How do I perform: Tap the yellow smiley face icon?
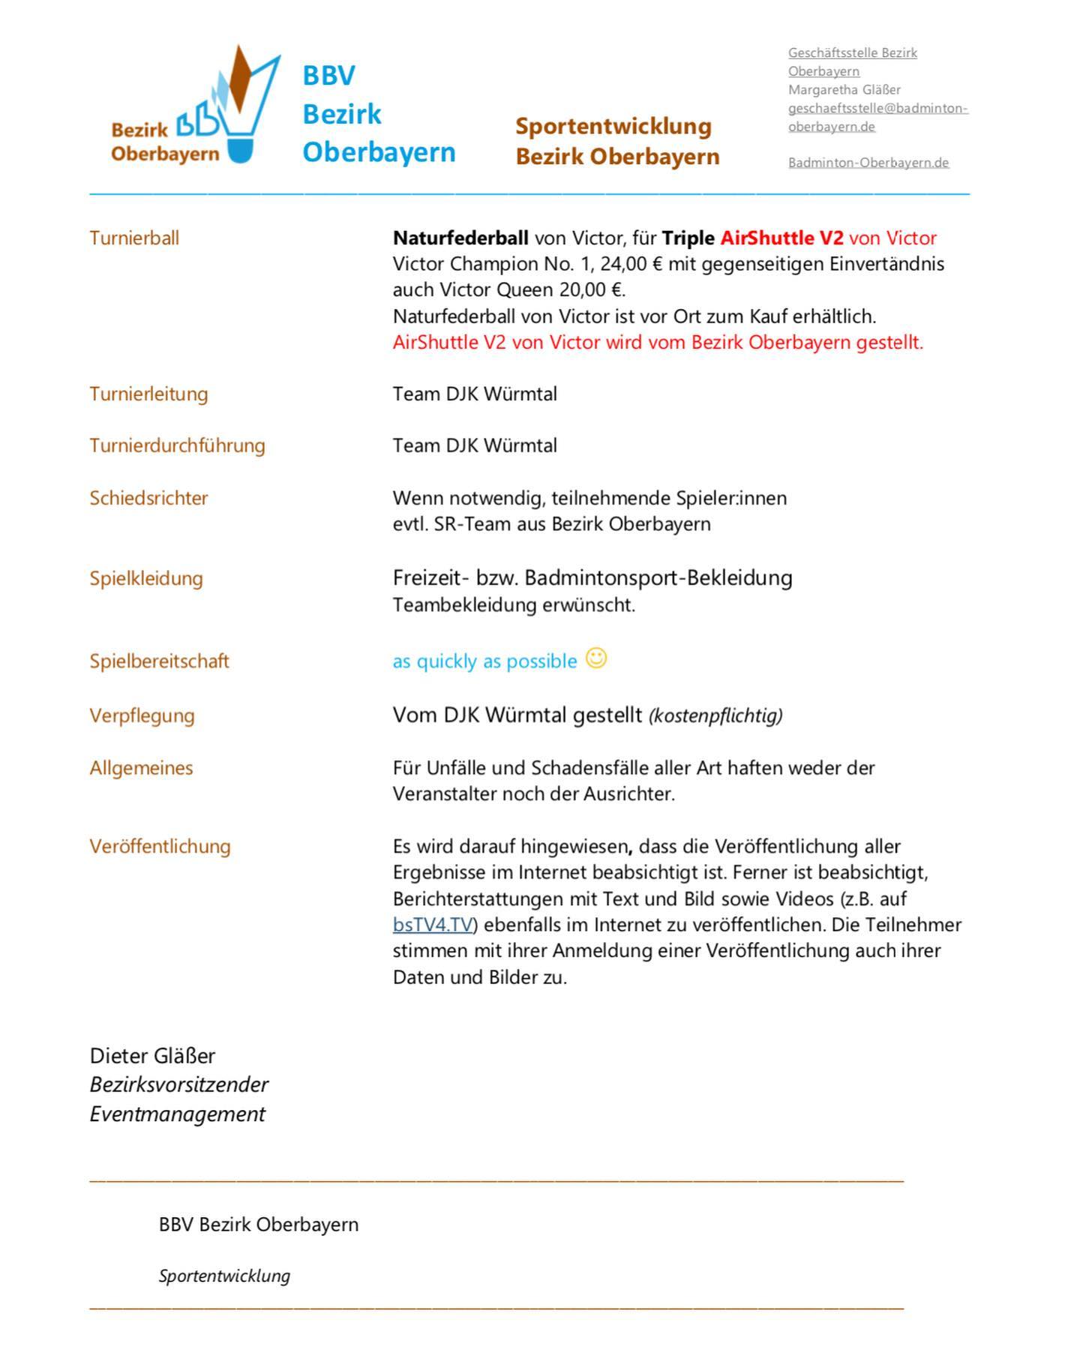(596, 658)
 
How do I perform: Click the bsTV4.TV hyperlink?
(433, 925)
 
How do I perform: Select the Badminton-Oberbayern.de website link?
(868, 163)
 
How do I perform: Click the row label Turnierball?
(134, 238)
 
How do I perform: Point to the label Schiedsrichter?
(148, 498)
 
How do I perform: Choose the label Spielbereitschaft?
(159, 661)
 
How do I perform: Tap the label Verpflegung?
(142, 715)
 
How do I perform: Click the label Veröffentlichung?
(160, 847)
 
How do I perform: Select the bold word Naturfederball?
(460, 238)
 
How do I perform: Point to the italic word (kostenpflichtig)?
(715, 715)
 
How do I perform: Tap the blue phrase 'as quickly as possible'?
(484, 661)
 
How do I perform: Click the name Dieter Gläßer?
(152, 1056)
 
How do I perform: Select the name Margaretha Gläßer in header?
(844, 90)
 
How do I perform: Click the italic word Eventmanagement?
(177, 1114)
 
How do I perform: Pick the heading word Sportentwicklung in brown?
(613, 126)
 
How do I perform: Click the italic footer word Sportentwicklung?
(224, 1276)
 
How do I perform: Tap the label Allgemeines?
(141, 768)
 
